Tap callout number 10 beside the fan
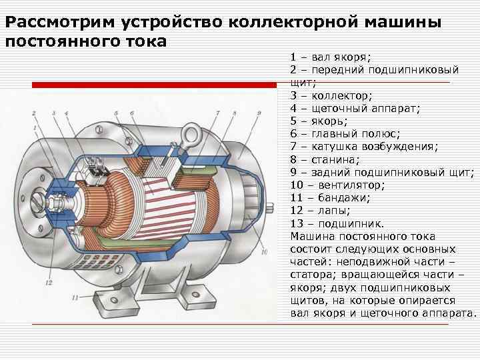click(264, 253)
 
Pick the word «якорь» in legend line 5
click(329, 121)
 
